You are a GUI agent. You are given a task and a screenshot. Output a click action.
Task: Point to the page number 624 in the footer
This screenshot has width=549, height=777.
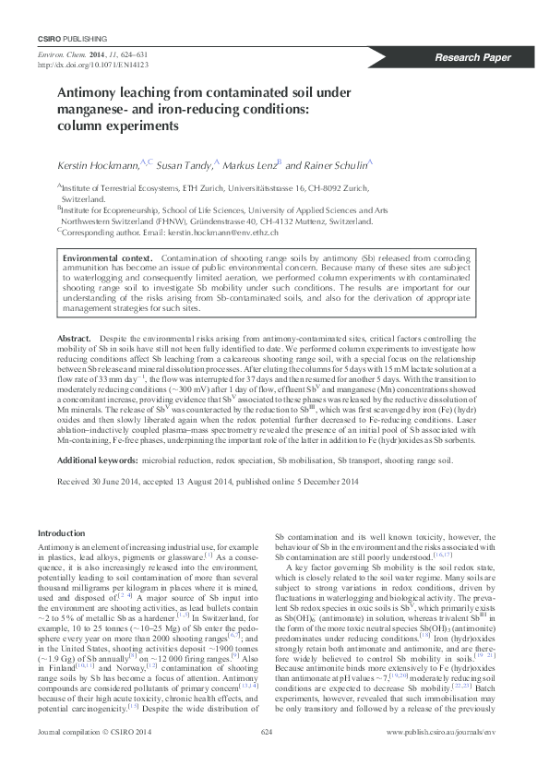coord(269,758)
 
